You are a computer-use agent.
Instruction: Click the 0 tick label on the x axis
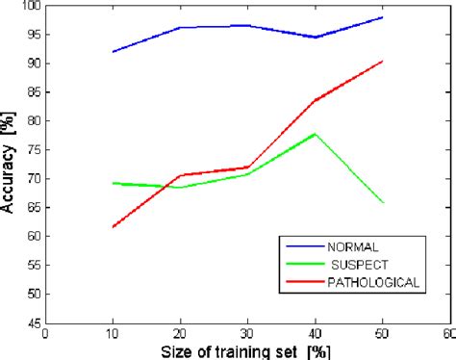[x=45, y=335]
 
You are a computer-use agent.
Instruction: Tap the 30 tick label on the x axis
[x=247, y=335]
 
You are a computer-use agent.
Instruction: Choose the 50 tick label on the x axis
[x=382, y=335]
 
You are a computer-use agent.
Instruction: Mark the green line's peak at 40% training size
[x=315, y=134]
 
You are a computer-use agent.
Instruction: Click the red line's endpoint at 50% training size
[x=382, y=62]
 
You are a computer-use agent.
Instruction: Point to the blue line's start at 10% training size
[x=113, y=52]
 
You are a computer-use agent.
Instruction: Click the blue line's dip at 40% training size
[x=315, y=38]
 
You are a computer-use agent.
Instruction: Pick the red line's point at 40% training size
[x=315, y=100]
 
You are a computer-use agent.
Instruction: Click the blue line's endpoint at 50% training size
[x=382, y=17]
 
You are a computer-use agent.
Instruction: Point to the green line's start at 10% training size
[x=113, y=183]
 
